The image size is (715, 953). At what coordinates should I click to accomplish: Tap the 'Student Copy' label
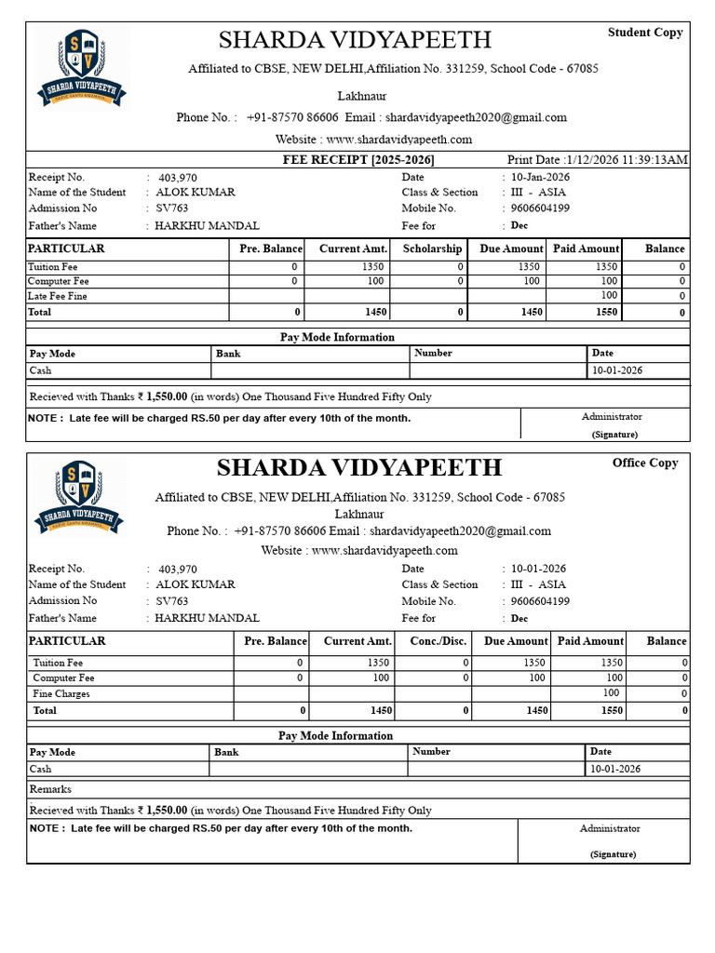tap(645, 33)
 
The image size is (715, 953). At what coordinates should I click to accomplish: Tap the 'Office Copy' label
tap(645, 463)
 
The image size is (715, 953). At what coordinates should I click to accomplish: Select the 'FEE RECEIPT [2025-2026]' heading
tap(358, 160)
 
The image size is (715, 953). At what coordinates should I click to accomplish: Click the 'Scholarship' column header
tap(432, 248)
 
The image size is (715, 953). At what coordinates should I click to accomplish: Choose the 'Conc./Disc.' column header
tap(438, 641)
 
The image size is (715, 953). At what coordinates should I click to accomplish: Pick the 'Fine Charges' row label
tap(61, 693)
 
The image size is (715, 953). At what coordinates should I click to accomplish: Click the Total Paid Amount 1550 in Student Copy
tap(606, 313)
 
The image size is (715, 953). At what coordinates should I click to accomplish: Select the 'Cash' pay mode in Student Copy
tap(40, 370)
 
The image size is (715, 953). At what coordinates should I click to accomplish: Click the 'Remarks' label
tap(50, 789)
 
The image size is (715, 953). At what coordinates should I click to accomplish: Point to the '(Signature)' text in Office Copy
tap(613, 853)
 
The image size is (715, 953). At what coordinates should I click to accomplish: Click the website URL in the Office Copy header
tap(384, 550)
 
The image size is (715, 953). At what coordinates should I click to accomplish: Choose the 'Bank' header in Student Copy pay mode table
tap(228, 354)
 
